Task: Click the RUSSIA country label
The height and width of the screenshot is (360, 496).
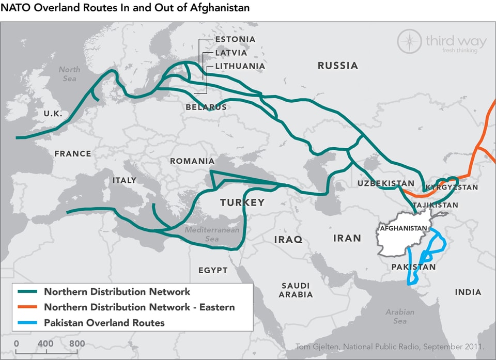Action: [337, 66]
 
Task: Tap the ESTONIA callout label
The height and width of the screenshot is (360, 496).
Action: [235, 39]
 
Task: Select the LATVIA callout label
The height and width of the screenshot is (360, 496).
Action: [231, 53]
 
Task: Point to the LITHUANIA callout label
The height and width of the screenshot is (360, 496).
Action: [240, 66]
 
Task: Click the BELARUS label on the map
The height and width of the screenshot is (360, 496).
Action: [206, 107]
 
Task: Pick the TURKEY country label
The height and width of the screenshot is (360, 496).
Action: [242, 202]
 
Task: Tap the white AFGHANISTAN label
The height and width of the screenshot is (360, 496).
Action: [403, 228]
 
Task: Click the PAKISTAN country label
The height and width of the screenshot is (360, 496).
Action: [413, 267]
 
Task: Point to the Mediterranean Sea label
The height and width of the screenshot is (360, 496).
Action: [212, 234]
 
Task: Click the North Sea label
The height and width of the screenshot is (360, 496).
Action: [69, 74]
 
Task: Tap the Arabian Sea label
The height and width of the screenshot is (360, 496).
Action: [400, 316]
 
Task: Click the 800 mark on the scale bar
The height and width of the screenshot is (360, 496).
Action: [76, 343]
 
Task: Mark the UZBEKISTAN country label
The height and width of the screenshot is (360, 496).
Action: [385, 183]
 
